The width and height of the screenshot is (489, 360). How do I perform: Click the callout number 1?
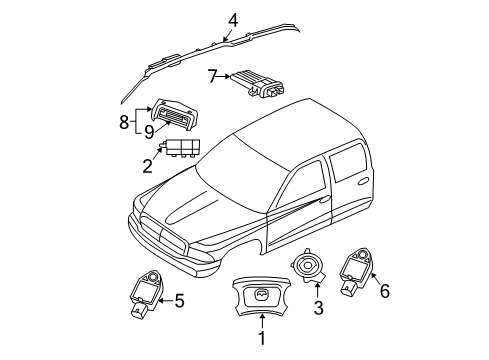pos(262,339)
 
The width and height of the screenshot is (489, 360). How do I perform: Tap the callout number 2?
pos(147,166)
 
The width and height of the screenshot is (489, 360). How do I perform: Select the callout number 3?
pos(318,307)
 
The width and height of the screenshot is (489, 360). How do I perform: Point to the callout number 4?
pos(232,19)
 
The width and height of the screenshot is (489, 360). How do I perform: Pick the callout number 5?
pos(181,298)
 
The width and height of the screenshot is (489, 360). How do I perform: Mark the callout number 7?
pos(213,75)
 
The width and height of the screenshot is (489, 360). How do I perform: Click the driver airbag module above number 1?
pos(261,296)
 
